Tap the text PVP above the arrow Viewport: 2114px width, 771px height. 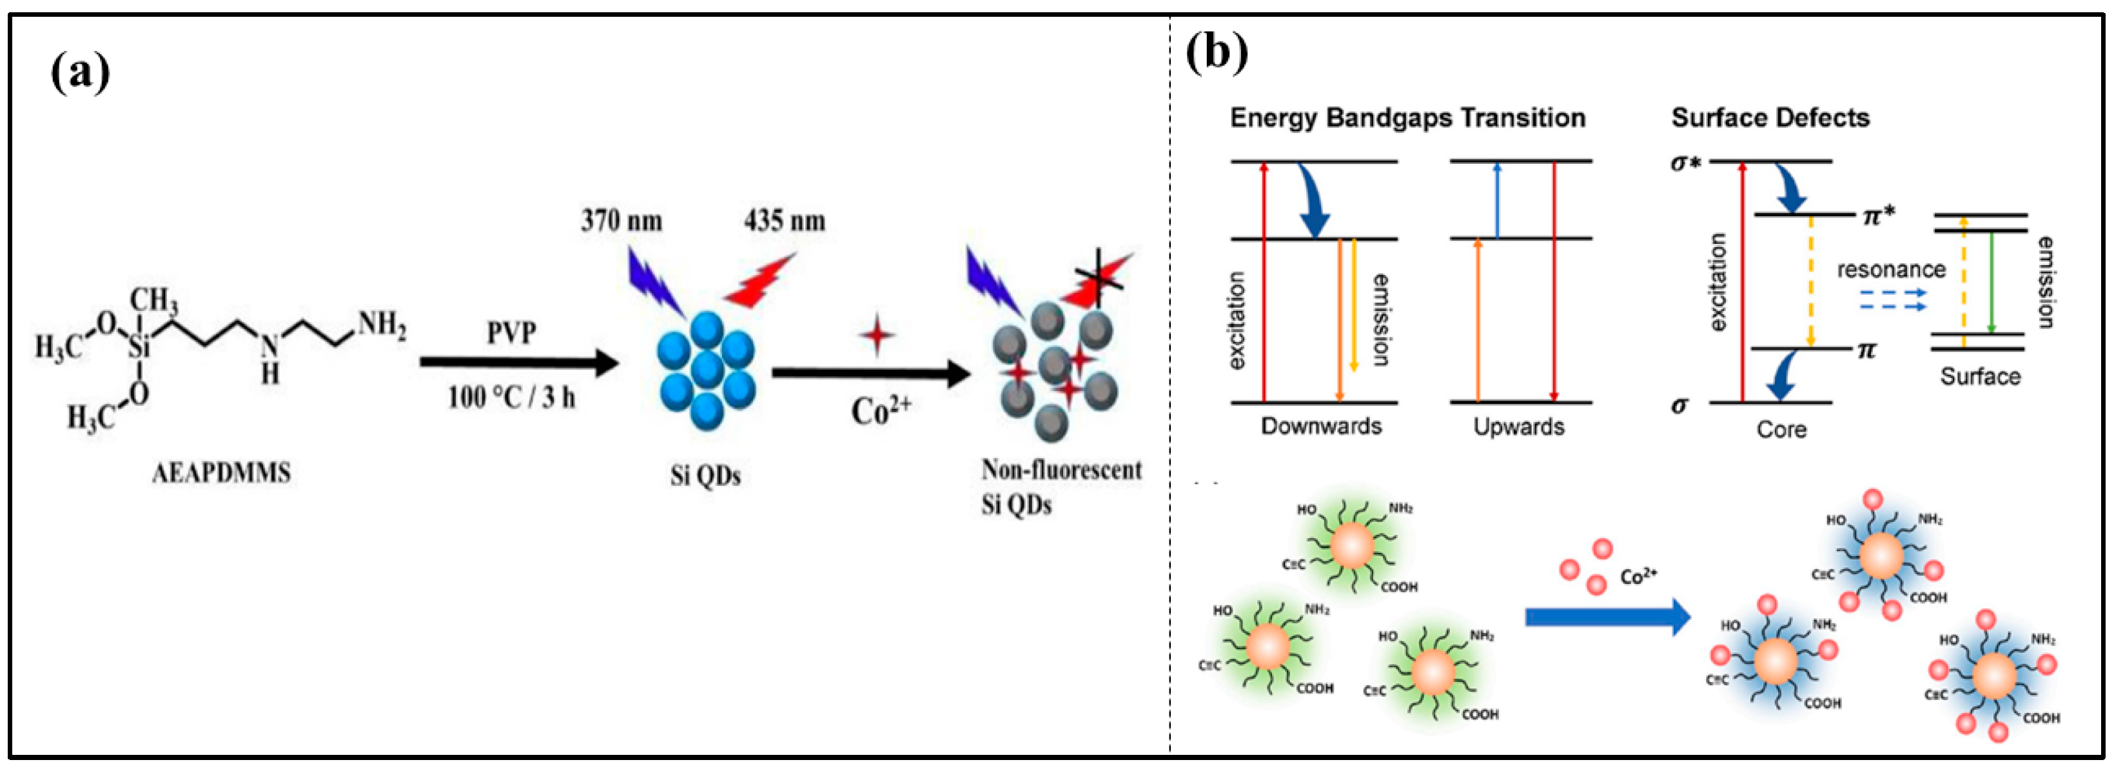(511, 332)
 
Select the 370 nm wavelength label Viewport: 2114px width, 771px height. (621, 220)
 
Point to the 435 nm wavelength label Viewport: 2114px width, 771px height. (785, 220)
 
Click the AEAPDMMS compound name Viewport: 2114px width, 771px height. (222, 473)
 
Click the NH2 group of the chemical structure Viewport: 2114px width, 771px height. (382, 325)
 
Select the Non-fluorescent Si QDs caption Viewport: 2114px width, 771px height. (1061, 486)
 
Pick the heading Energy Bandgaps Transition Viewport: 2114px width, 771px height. (1407, 117)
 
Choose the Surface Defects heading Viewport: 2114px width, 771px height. (1770, 117)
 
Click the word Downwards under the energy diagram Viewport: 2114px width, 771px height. (1321, 426)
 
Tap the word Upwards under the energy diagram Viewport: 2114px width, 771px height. (1518, 426)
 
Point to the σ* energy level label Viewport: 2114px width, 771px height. (1685, 162)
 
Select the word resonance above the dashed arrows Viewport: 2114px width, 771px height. (1891, 269)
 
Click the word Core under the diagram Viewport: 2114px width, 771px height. (1781, 430)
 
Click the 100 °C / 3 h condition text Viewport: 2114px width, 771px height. (511, 398)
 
